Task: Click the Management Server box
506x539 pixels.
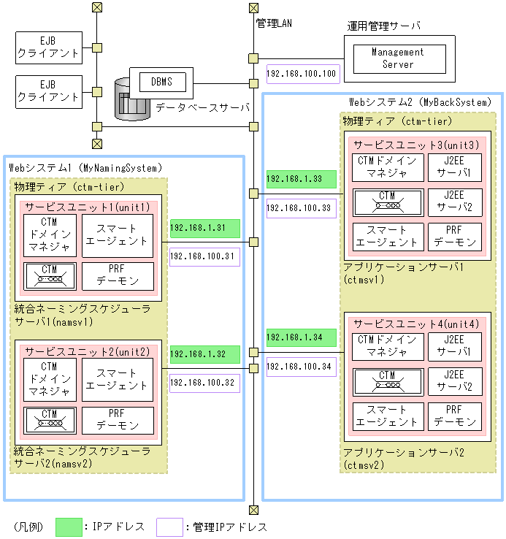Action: (397, 58)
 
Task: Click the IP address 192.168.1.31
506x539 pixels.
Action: (204, 228)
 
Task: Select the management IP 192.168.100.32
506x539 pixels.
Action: (204, 383)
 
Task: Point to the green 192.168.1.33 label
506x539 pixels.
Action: (301, 179)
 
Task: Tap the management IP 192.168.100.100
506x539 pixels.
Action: (301, 74)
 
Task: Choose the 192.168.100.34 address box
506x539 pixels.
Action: (301, 366)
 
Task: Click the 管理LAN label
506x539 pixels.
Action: (274, 23)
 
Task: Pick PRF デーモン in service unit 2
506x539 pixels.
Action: (118, 420)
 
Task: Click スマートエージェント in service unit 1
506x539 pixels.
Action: (118, 236)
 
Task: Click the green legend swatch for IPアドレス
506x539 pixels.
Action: (69, 527)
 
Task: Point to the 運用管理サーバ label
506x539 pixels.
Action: (383, 26)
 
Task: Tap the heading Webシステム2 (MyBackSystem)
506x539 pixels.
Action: (419, 103)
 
